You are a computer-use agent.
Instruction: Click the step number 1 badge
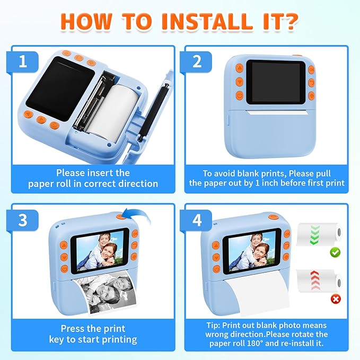point(22,62)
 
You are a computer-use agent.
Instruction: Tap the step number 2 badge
point(197,62)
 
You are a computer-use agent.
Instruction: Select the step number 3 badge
point(22,221)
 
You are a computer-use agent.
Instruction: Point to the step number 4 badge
point(197,221)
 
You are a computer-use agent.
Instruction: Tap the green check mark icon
point(335,253)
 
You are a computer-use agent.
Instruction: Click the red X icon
point(335,300)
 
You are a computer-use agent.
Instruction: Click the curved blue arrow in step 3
point(137,214)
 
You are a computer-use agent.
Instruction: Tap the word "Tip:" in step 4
point(215,324)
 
